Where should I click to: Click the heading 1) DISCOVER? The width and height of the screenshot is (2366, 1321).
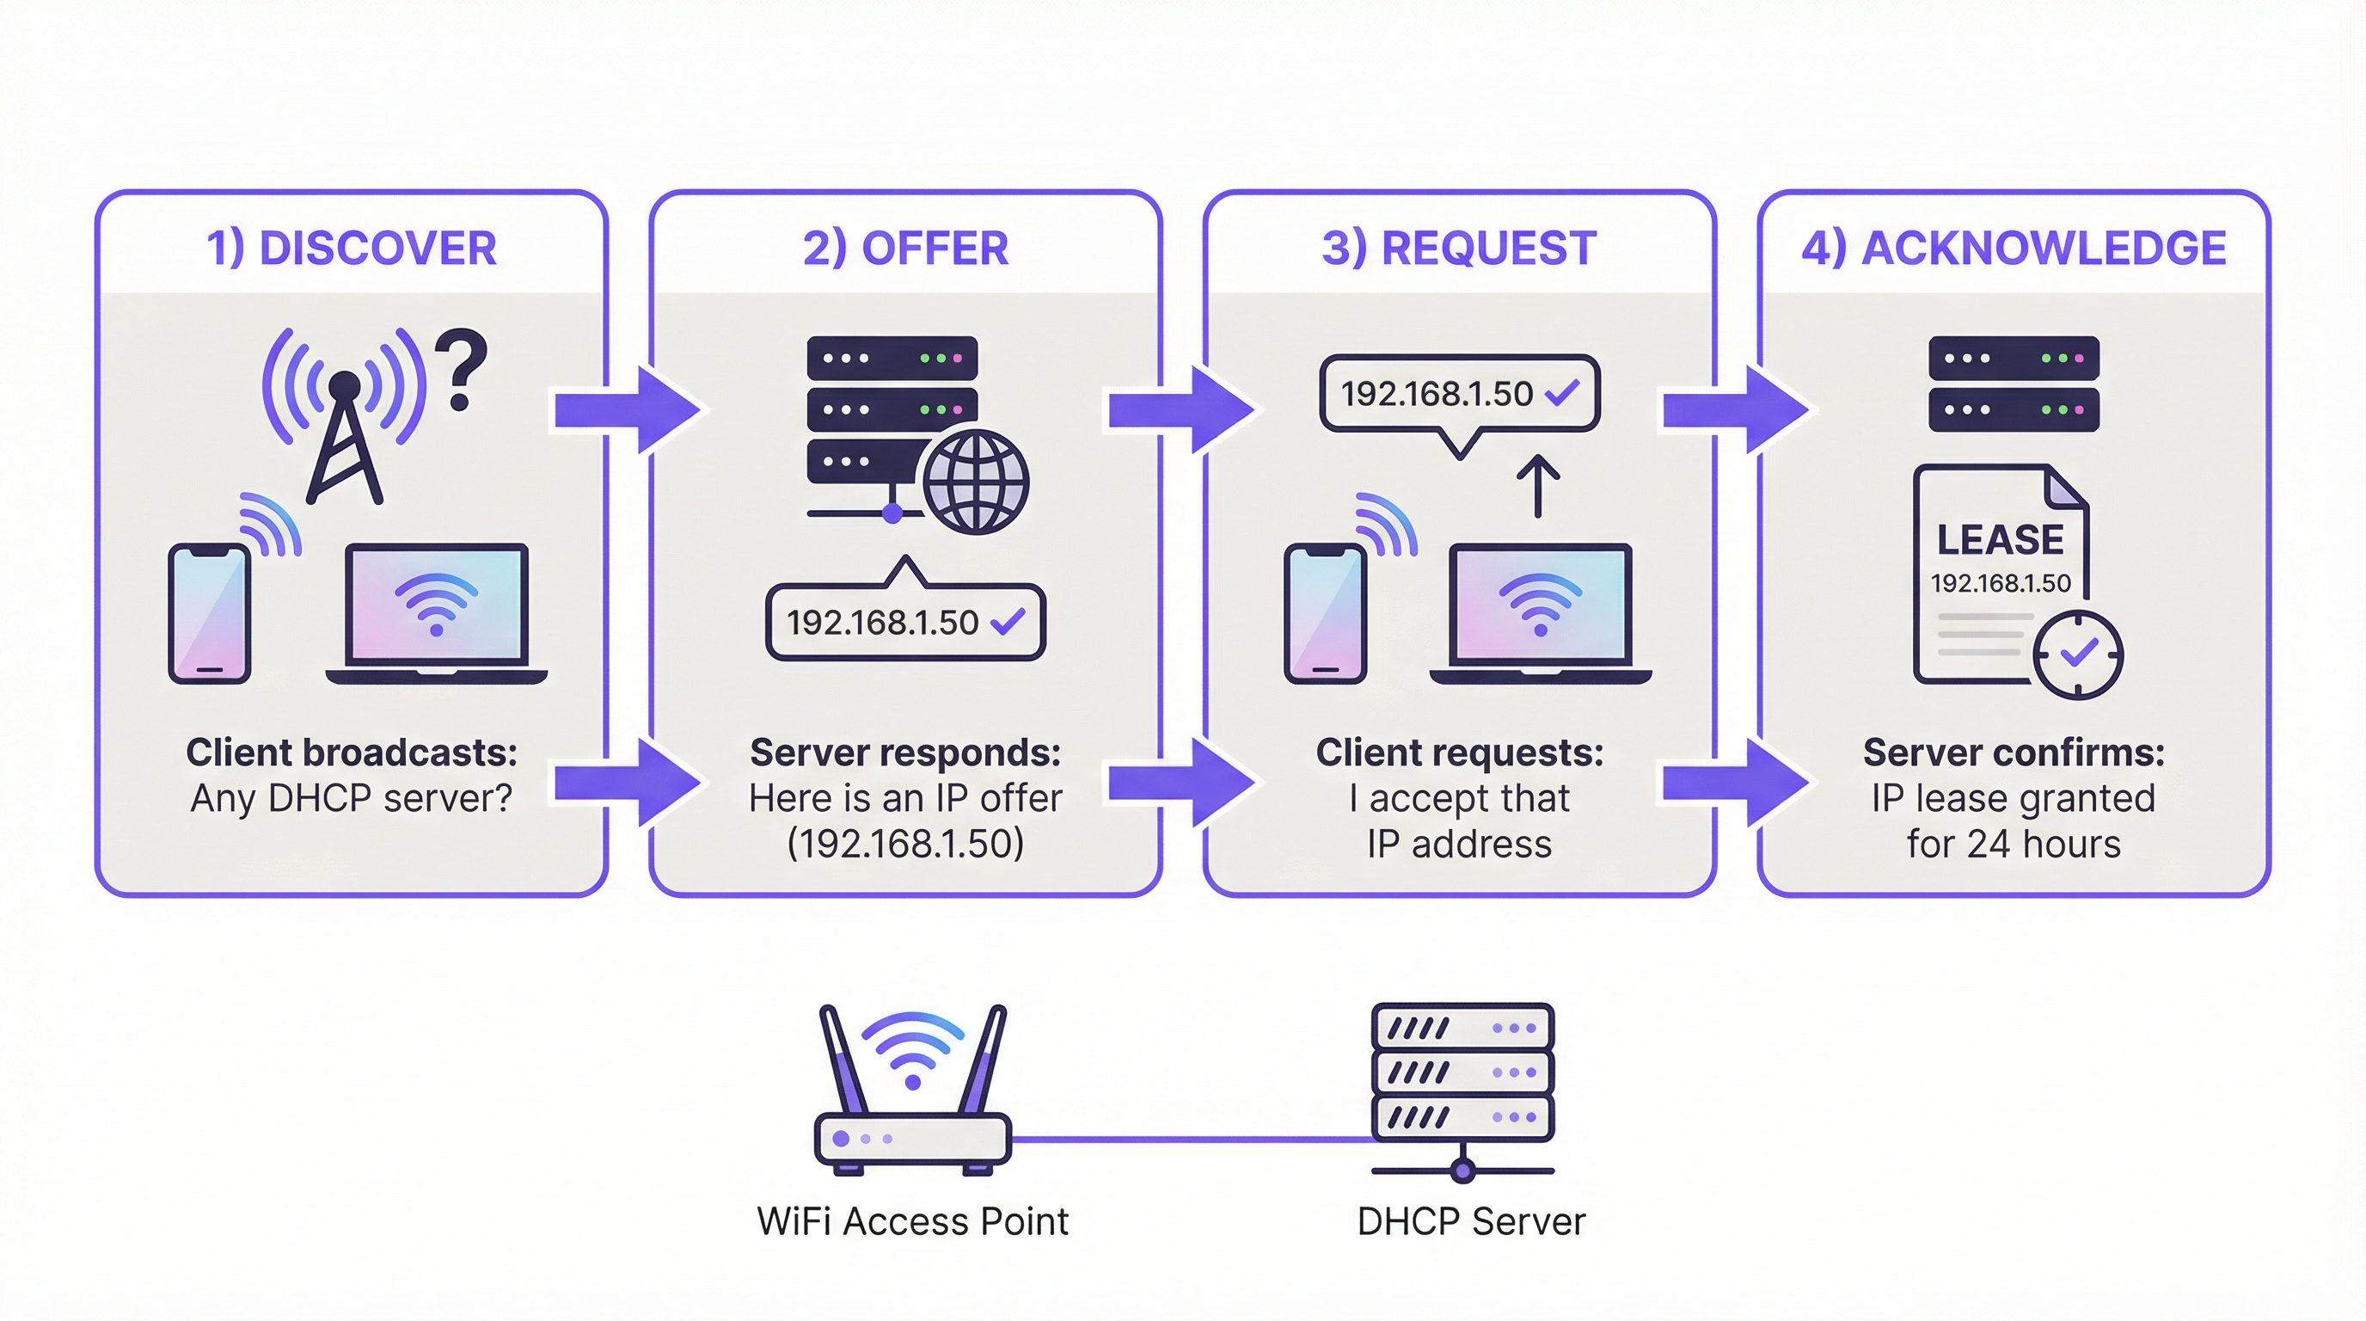pyautogui.click(x=351, y=248)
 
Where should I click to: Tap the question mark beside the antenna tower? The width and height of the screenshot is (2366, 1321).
pyautogui.click(x=461, y=369)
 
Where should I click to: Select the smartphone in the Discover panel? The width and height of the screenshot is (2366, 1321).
pyautogui.click(x=210, y=612)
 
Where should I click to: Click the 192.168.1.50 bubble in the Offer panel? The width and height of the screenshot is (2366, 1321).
pyautogui.click(x=904, y=623)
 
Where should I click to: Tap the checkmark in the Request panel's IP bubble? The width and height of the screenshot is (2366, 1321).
pyautogui.click(x=1562, y=393)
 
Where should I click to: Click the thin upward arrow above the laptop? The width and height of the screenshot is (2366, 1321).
pyautogui.click(x=1537, y=486)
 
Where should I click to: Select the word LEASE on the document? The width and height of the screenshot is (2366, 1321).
pyautogui.click(x=2000, y=540)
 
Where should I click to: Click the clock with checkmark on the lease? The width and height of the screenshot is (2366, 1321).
pyautogui.click(x=2078, y=654)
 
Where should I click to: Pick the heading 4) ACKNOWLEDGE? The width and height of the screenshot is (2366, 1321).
pyautogui.click(x=2014, y=248)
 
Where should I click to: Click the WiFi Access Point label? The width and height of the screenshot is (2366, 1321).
pyautogui.click(x=912, y=1222)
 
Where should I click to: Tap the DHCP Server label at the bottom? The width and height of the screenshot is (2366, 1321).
pyautogui.click(x=1470, y=1222)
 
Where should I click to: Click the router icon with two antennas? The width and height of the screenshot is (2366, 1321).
pyautogui.click(x=912, y=1093)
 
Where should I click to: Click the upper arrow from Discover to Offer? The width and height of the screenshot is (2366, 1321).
pyautogui.click(x=628, y=409)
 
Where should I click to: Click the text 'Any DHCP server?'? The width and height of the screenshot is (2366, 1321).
pyautogui.click(x=351, y=798)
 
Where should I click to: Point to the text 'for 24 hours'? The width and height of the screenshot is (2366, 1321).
pyautogui.click(x=2014, y=845)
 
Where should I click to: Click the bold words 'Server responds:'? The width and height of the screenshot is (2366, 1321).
pyautogui.click(x=904, y=753)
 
